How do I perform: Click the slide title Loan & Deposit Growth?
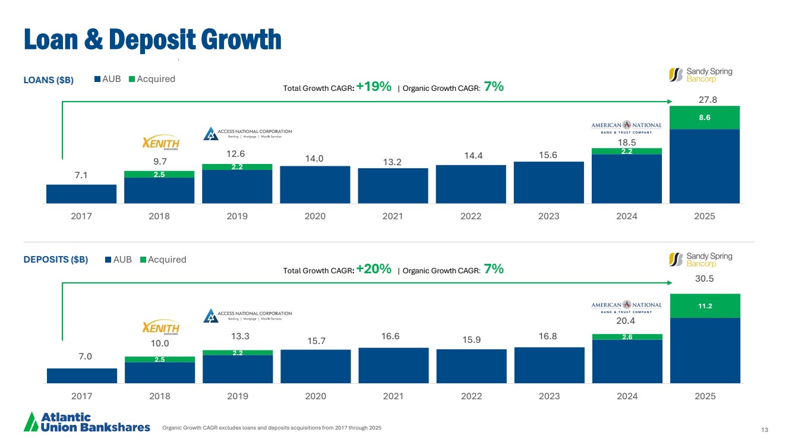click(152, 39)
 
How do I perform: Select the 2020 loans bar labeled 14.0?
click(315, 184)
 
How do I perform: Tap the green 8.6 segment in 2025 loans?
click(705, 118)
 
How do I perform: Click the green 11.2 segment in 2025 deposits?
click(705, 306)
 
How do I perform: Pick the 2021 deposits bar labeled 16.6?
click(393, 365)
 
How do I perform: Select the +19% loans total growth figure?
click(374, 87)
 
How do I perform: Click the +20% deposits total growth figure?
click(374, 269)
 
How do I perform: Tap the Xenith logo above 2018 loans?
click(161, 144)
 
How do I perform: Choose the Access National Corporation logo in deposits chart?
click(248, 315)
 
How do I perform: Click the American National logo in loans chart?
click(626, 128)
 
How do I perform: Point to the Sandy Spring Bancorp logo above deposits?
click(701, 259)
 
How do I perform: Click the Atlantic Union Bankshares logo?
click(87, 422)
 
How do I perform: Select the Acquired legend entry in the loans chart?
click(152, 79)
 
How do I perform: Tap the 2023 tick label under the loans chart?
click(548, 216)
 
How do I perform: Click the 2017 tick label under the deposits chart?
click(81, 396)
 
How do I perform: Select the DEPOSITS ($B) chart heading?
click(56, 260)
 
